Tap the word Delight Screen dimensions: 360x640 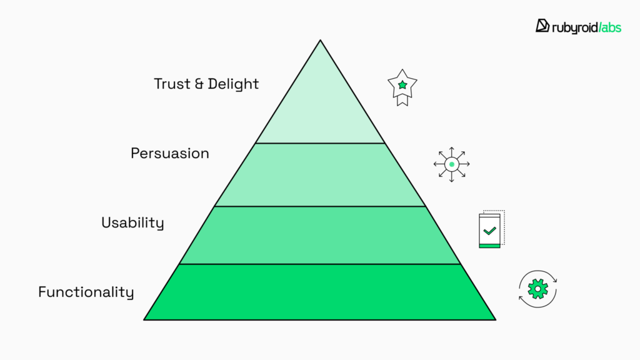pos(232,84)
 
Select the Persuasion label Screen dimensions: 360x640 pos(170,153)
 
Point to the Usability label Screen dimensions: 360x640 pos(132,222)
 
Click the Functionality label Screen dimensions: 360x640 pos(86,292)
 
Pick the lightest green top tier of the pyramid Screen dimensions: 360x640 pos(320,106)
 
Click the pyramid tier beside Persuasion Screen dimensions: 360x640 pos(320,175)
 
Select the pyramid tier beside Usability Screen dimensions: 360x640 pos(320,235)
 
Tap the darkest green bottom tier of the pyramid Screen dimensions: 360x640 pos(320,292)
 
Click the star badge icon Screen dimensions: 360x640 pos(402,87)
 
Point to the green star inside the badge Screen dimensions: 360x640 pos(402,84)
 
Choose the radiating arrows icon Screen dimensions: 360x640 pos(451,164)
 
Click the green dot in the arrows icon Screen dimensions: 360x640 pos(451,164)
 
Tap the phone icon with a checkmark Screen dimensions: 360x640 pos(491,231)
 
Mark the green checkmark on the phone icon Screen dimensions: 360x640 pos(489,231)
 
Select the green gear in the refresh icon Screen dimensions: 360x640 pos(537,289)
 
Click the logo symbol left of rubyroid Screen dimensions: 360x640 pos(542,26)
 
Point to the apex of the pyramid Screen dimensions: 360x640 pos(320,41)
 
